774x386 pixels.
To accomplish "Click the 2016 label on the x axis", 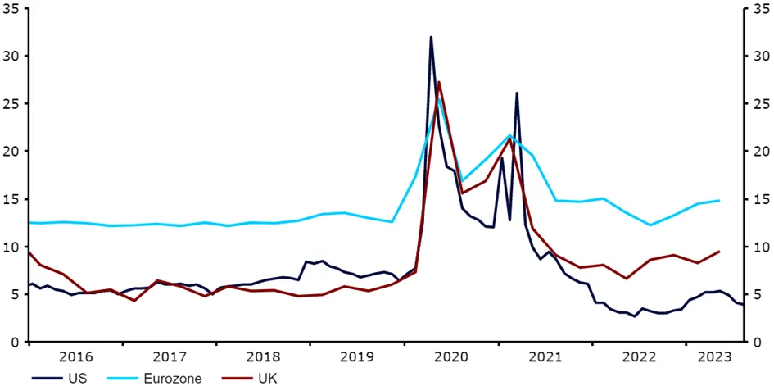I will point(75,357).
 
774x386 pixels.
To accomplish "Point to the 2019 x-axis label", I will point(356,357).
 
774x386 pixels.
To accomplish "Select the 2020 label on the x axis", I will point(450,357).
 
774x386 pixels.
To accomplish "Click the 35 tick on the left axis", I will point(15,10).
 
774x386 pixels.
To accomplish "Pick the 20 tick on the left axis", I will point(15,152).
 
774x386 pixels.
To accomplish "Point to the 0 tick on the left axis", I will point(18,342).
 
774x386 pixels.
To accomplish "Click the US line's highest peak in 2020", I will point(431,37).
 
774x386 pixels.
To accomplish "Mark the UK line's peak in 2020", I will point(439,82).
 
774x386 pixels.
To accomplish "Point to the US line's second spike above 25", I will point(517,93).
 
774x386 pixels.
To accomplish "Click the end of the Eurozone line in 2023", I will point(719,200).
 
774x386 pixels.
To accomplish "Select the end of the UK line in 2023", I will point(719,252).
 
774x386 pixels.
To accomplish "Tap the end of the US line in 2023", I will point(741,305).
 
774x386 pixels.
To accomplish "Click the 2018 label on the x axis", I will point(263,357).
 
